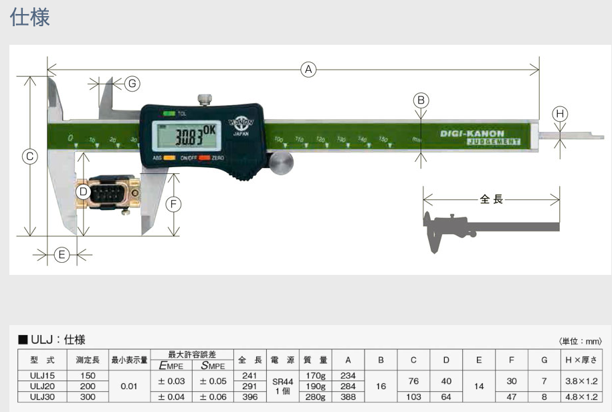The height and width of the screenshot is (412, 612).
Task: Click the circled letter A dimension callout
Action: (308, 69)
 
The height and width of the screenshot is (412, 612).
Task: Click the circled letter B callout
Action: (421, 100)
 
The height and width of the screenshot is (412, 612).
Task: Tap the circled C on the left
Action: (29, 157)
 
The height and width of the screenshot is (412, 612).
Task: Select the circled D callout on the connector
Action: (83, 192)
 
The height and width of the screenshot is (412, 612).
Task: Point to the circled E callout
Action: (62, 255)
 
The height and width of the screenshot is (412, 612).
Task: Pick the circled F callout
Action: (173, 205)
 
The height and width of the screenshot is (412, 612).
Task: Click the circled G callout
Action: (132, 83)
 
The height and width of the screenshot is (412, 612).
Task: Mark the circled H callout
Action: (560, 114)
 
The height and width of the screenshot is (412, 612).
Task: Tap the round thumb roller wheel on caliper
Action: (282, 163)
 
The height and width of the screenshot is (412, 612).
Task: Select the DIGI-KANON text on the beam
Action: (472, 133)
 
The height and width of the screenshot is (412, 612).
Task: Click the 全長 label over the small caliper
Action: (491, 199)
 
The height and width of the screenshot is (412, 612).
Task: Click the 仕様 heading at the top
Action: (30, 17)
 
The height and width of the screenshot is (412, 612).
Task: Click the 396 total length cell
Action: (250, 397)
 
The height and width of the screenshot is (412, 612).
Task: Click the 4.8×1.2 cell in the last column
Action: (581, 397)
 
